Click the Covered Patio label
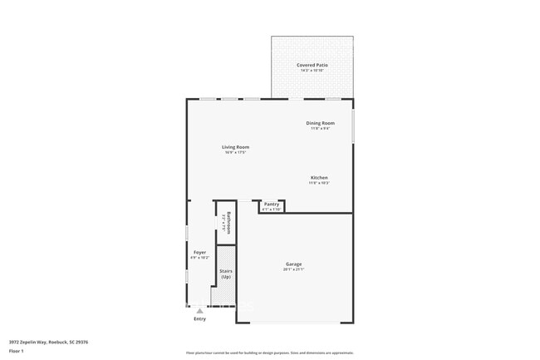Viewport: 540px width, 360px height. [x=312, y=65]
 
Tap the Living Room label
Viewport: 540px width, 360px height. [x=235, y=147]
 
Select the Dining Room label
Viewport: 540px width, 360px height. [x=320, y=124]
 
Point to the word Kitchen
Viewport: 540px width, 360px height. [x=319, y=177]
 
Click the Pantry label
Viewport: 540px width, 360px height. [x=272, y=204]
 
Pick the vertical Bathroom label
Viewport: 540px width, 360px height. [x=228, y=223]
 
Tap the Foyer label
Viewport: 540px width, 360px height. [x=199, y=252]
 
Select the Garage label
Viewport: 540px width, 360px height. [x=294, y=264]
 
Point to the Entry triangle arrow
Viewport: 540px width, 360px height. [x=199, y=311]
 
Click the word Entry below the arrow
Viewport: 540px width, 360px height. [x=199, y=318]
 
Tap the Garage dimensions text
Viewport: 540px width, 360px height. [x=294, y=269]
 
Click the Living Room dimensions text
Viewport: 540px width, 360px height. [x=235, y=152]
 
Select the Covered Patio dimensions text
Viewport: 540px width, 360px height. [x=312, y=70]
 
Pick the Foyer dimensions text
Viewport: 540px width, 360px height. [x=199, y=257]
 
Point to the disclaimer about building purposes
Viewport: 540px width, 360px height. [x=270, y=353]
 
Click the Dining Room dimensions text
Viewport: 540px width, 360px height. [x=320, y=129]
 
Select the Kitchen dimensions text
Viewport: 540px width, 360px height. [x=319, y=182]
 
